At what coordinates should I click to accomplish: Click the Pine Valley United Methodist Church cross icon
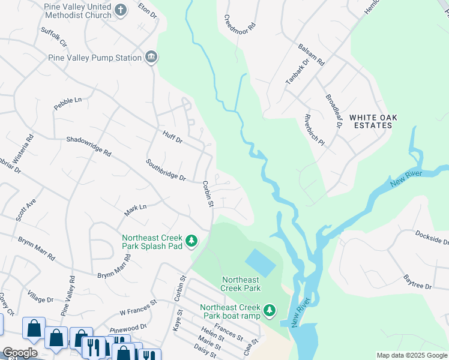121,10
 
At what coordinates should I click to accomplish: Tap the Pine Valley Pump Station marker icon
151,58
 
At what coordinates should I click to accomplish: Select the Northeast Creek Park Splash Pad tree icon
191,241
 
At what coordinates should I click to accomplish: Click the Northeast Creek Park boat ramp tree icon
270,310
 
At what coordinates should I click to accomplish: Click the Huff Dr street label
172,136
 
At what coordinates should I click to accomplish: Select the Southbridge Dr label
166,170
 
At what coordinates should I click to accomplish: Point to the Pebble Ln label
67,100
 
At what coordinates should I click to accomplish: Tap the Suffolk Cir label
53,37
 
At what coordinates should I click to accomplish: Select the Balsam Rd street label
312,54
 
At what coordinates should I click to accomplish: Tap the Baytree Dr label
418,281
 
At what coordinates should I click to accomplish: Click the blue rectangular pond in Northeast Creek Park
261,263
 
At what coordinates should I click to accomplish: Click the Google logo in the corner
20,353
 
